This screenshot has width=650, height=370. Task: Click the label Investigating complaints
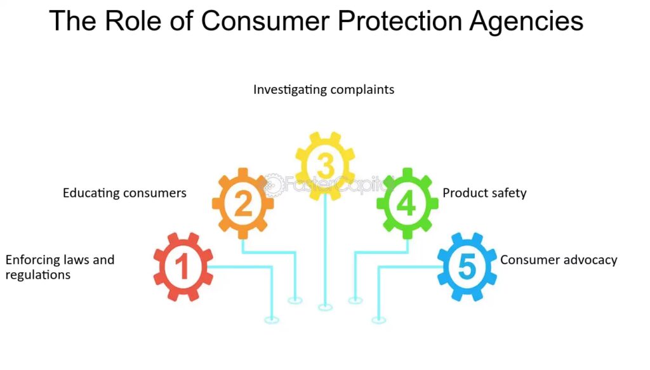pyautogui.click(x=324, y=90)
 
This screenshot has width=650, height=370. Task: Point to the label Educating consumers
pyautogui.click(x=124, y=193)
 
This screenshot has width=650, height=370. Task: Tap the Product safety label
pyautogui.click(x=484, y=193)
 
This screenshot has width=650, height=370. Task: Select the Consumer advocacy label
pyautogui.click(x=559, y=260)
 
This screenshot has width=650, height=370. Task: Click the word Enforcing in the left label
pyautogui.click(x=32, y=260)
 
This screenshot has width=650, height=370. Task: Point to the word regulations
pyautogui.click(x=37, y=275)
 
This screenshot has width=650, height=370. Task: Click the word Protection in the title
pyautogui.click(x=400, y=21)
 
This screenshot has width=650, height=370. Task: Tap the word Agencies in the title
pyautogui.click(x=526, y=22)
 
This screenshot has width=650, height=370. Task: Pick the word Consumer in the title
pyautogui.click(x=266, y=21)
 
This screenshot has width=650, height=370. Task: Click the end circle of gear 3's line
pyautogui.click(x=326, y=307)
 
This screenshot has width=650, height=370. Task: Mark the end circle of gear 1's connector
pyautogui.click(x=272, y=320)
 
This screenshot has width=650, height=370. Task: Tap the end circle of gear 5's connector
pyautogui.click(x=378, y=320)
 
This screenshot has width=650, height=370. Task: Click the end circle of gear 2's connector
pyautogui.click(x=295, y=300)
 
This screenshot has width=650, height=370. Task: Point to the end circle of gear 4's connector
pyautogui.click(x=355, y=300)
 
